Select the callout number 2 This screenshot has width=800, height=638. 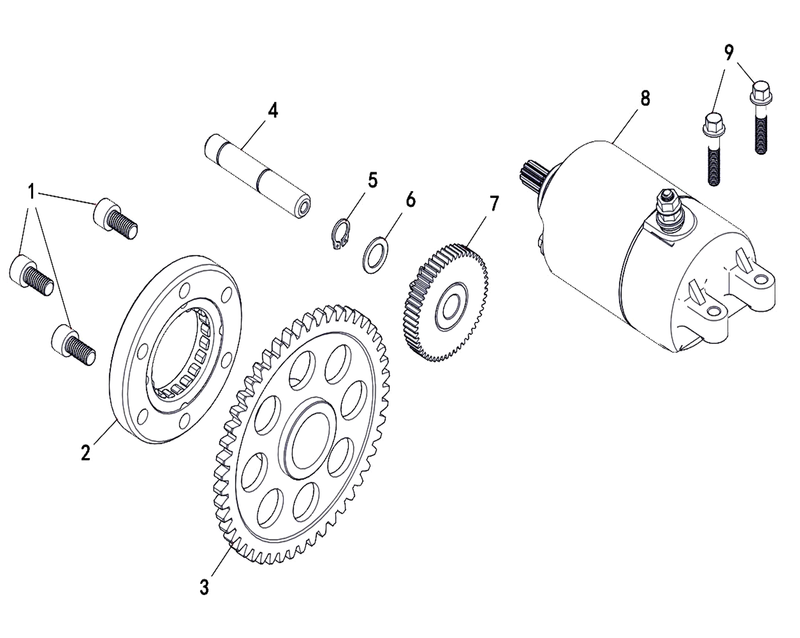click(85, 453)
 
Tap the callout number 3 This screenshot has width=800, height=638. click(204, 587)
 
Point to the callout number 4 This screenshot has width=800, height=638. click(273, 111)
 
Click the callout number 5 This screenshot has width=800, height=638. click(373, 180)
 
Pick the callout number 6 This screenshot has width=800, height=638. click(410, 200)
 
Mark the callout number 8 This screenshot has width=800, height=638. click(645, 99)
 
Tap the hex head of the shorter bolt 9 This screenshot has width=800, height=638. click(713, 124)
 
